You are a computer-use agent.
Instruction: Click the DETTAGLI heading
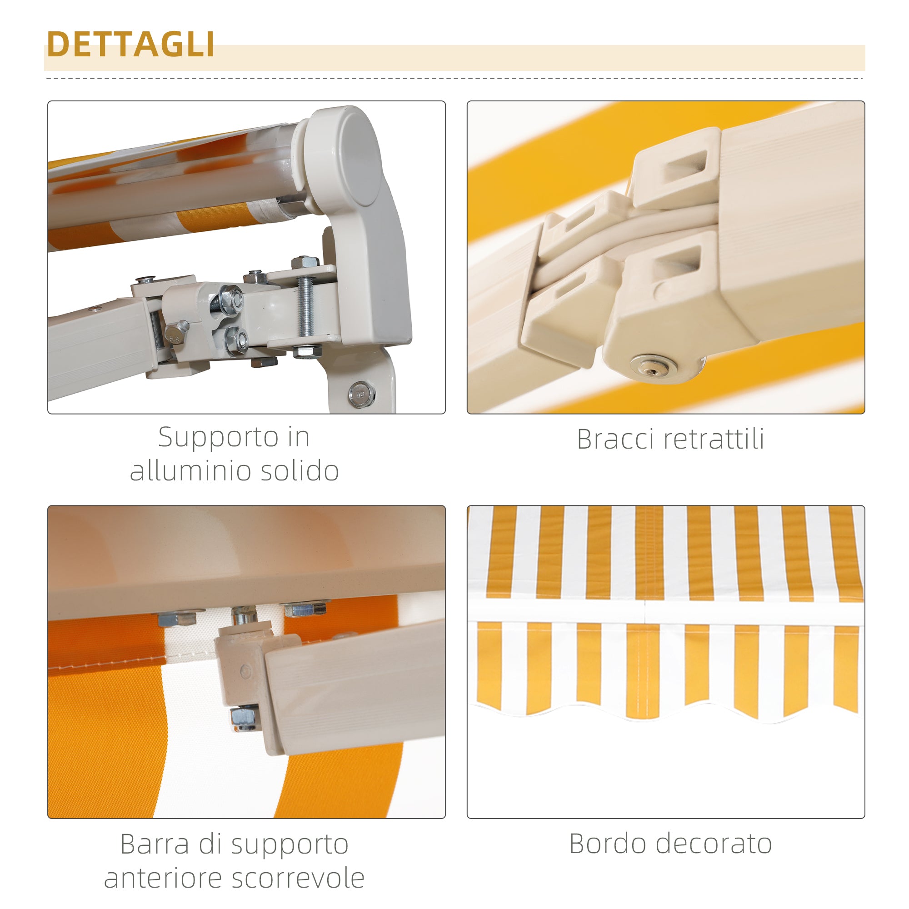pos(131,45)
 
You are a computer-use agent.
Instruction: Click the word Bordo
pos(606,844)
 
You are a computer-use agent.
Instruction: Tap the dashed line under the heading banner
pos(454,78)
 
